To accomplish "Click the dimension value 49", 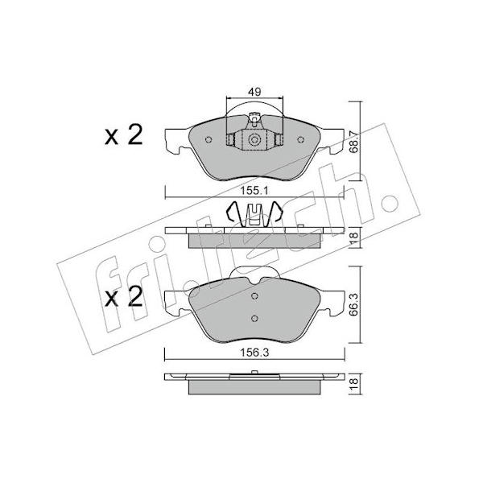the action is (x=254, y=92).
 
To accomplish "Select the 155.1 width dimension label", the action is (x=254, y=191).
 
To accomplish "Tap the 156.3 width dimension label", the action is (x=254, y=353).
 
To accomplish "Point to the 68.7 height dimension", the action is (x=354, y=142).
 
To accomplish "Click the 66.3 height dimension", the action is (x=354, y=304).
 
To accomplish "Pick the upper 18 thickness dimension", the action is (x=354, y=237).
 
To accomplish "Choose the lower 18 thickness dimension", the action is (x=354, y=383).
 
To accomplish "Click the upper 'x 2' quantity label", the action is (x=124, y=135).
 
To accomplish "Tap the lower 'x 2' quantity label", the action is (x=124, y=296).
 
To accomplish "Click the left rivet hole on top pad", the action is (x=208, y=140).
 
